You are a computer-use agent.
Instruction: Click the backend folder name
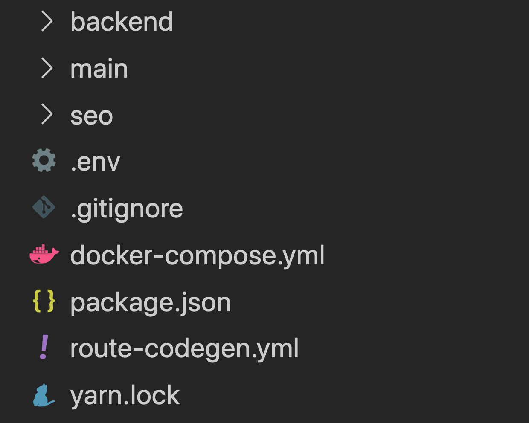(x=122, y=22)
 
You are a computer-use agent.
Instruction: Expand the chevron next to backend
(x=47, y=21)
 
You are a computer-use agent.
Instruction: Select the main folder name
(x=99, y=68)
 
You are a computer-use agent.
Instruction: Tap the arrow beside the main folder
(x=47, y=68)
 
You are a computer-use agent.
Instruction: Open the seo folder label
(x=92, y=116)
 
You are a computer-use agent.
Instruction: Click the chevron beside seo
(x=47, y=114)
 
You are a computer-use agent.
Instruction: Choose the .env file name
(x=95, y=162)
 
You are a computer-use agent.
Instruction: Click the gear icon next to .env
(x=44, y=160)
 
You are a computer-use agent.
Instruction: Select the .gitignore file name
(x=127, y=209)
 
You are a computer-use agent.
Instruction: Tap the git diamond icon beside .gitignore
(x=44, y=207)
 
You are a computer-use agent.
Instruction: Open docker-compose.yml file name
(x=198, y=256)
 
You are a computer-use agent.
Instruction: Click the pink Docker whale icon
(x=44, y=254)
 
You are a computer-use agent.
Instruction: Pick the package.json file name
(x=151, y=303)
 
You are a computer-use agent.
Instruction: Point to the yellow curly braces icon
(x=44, y=301)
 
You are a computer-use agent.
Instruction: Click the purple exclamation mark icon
(x=44, y=347)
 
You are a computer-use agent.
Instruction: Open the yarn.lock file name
(x=125, y=396)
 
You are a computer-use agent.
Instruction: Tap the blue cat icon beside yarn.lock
(x=44, y=395)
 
